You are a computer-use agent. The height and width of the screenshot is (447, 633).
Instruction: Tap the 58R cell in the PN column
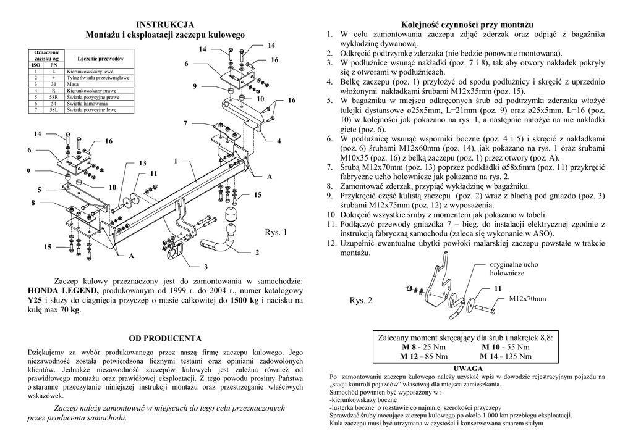pyautogui.click(x=54, y=97)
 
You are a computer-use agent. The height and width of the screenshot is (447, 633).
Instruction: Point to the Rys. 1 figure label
pyautogui.click(x=276, y=233)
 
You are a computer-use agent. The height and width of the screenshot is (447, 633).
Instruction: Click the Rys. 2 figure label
pyautogui.click(x=362, y=301)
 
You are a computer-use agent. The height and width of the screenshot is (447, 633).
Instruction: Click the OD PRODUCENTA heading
pyautogui.click(x=165, y=338)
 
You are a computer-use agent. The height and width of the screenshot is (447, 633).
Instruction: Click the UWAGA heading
pyautogui.click(x=468, y=368)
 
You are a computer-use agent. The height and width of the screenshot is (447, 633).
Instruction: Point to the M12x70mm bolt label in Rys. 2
pyautogui.click(x=527, y=299)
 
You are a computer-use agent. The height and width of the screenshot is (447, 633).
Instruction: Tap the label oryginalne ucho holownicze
pyautogui.click(x=514, y=268)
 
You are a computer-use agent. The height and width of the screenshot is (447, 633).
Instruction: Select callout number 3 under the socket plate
pyautogui.click(x=205, y=266)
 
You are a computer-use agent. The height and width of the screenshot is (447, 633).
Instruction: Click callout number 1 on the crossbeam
pyautogui.click(x=176, y=161)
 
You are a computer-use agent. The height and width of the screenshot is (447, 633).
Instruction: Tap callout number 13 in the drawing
pyautogui.click(x=142, y=163)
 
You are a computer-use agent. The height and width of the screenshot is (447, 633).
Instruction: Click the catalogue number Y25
pyautogui.click(x=36, y=300)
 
